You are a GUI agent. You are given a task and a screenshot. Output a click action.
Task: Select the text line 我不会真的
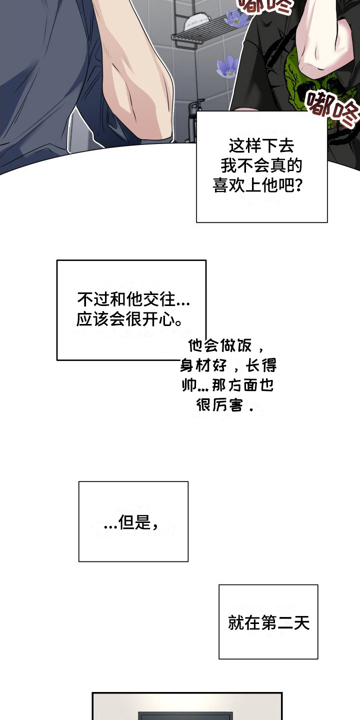(261, 165)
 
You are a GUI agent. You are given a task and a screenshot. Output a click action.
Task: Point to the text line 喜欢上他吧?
(258, 185)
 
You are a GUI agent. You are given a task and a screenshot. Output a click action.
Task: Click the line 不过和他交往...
(133, 299)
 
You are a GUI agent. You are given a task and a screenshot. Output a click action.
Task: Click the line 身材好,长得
(228, 365)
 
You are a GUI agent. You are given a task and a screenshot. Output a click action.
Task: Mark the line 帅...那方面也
(227, 385)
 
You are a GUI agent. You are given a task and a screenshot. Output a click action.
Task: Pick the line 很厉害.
(225, 405)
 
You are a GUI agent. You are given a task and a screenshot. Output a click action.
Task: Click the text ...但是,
(132, 523)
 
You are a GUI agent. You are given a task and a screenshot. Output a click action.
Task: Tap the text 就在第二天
(268, 622)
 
